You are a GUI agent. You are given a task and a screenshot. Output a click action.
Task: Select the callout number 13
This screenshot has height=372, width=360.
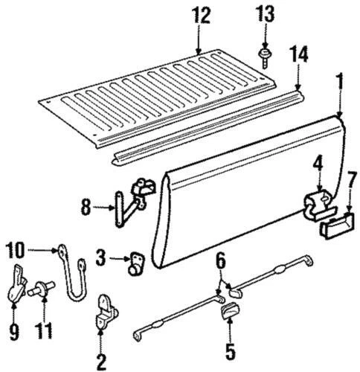(x=265, y=13)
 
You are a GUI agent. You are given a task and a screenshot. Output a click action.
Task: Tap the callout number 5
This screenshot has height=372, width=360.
(x=230, y=349)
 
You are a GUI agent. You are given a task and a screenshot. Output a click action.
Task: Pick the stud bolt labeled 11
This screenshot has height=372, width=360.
(x=44, y=291)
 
